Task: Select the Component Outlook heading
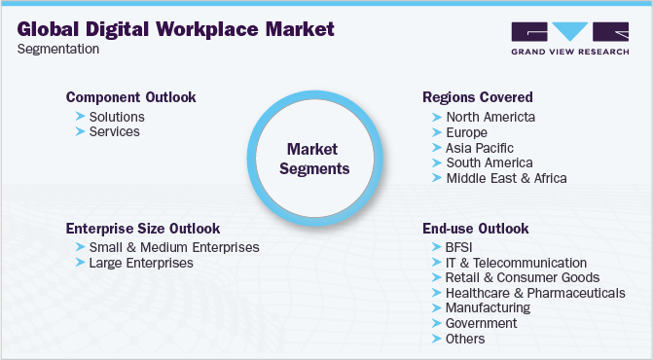(x=130, y=97)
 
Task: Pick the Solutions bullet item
(x=116, y=117)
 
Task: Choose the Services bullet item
(x=114, y=131)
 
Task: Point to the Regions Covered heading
(x=478, y=97)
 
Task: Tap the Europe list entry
(x=467, y=132)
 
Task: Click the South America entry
(x=490, y=162)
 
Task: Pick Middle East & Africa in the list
(x=506, y=178)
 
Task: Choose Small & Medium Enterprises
(x=173, y=247)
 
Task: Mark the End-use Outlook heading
(x=476, y=228)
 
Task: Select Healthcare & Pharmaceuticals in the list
(x=534, y=293)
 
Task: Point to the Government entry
(x=481, y=323)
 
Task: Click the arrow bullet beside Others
(x=435, y=339)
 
